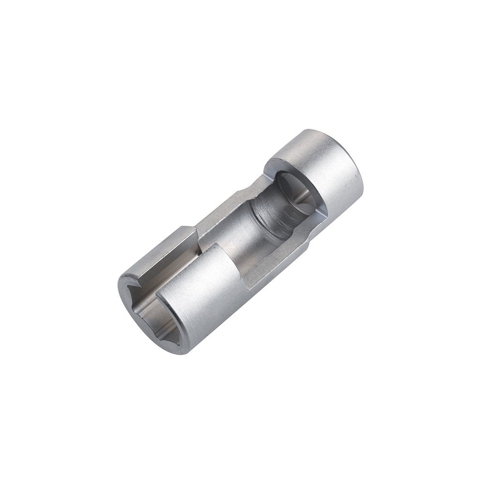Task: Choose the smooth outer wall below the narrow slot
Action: tap(208, 300)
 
